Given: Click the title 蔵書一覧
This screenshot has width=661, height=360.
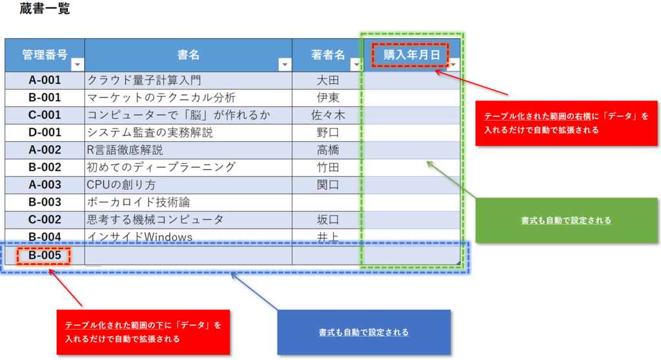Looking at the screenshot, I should (45, 9).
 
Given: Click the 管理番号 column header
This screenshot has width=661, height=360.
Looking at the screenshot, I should (45, 55).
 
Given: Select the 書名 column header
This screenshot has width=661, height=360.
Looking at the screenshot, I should (188, 55).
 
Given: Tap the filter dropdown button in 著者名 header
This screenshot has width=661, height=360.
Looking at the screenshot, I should (355, 65).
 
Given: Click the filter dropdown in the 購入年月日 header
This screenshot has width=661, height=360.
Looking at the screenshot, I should (453, 65).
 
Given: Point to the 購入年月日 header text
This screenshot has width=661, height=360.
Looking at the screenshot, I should (411, 55).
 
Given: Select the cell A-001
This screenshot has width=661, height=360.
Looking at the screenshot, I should (45, 80).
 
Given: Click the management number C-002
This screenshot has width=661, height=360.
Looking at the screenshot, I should (45, 219).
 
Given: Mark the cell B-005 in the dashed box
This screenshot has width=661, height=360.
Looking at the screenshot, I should (45, 255).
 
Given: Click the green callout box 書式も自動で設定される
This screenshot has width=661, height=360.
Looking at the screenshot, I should (566, 220).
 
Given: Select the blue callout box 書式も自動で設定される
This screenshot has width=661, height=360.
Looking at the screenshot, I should (363, 332).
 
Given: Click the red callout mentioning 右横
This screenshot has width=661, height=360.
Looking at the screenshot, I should (566, 123).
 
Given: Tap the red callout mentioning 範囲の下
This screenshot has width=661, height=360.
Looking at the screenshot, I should (143, 332).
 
